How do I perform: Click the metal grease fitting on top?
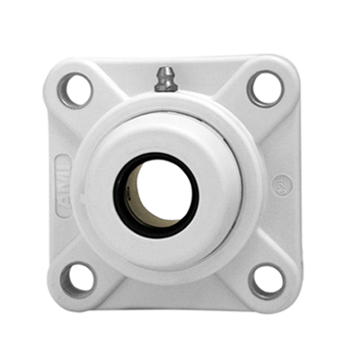click(x=166, y=79)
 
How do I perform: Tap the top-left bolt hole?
click(x=77, y=90)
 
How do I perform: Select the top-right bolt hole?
click(x=265, y=88)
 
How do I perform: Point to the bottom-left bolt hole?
click(x=78, y=278)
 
